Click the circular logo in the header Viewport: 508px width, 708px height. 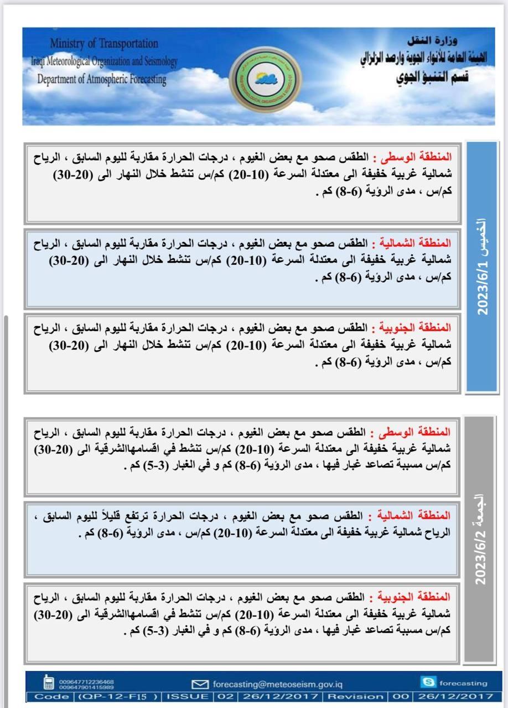point(263,78)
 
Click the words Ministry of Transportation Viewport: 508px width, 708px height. point(104,43)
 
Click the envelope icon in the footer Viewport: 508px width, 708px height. point(199,684)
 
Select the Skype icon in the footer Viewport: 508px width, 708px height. point(427,683)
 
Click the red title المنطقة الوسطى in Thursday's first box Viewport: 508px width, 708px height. point(428,156)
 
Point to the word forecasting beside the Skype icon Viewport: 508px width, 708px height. point(465,683)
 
